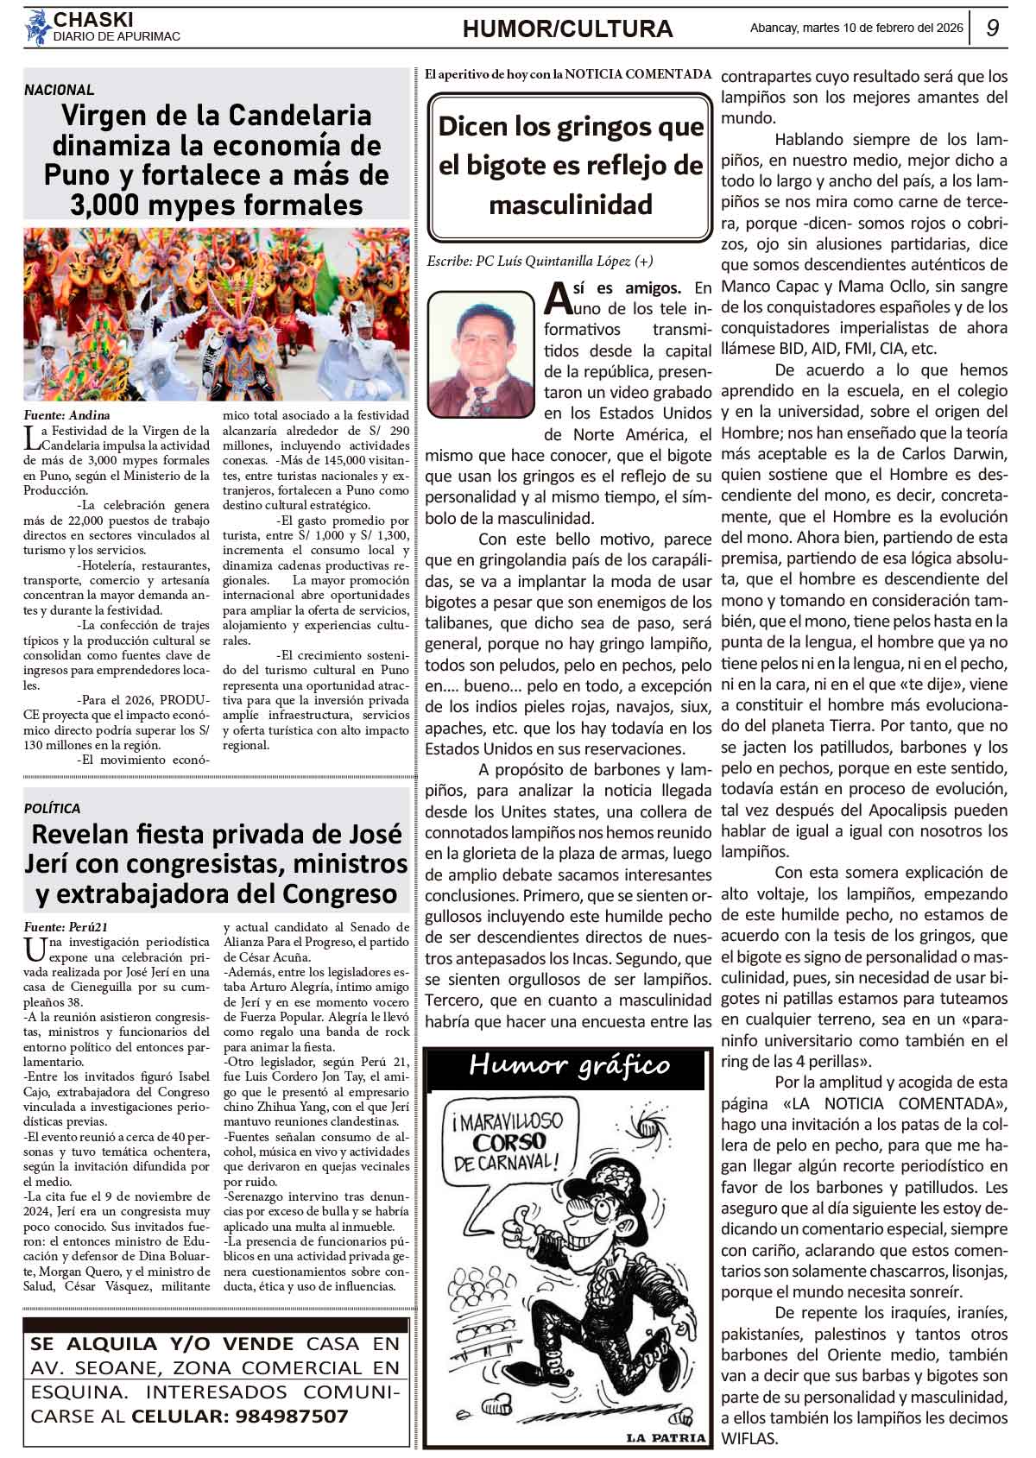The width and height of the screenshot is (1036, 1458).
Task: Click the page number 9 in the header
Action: [992, 28]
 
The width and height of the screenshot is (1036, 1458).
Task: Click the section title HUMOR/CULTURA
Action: [567, 29]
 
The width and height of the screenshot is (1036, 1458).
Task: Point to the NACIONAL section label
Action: [59, 90]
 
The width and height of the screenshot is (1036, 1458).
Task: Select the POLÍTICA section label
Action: [52, 808]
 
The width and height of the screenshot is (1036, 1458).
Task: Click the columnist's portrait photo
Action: [481, 355]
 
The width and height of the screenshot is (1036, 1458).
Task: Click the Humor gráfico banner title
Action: [569, 1065]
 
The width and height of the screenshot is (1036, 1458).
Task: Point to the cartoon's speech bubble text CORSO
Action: [509, 1143]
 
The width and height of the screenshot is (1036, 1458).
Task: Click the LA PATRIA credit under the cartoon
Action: [666, 1437]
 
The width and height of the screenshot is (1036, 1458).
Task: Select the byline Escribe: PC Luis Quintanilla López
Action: [540, 262]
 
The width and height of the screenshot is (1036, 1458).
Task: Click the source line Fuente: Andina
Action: [67, 415]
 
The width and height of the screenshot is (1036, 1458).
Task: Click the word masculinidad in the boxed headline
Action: [570, 205]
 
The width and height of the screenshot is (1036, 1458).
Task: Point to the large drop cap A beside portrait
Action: [558, 299]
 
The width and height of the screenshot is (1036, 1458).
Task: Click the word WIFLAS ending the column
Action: [749, 1438]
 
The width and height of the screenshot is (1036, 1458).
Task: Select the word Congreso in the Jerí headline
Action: [345, 893]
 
